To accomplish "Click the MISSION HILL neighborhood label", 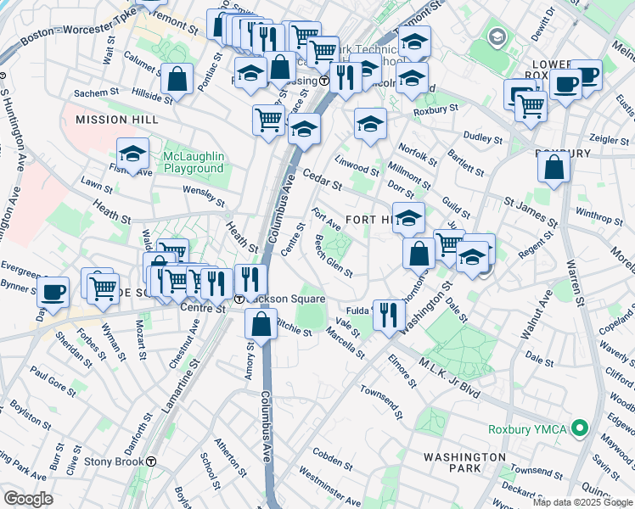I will [117, 120].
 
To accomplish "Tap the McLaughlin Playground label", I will [194, 162].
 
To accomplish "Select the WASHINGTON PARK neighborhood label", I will [464, 462].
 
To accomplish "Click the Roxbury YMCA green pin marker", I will [581, 429].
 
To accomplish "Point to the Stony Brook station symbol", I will [151, 461].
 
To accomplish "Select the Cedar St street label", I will [322, 181].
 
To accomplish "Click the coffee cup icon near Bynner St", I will [53, 292].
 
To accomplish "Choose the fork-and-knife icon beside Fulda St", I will [388, 315].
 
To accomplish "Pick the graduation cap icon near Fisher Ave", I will [132, 154].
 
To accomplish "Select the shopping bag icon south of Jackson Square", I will [261, 322].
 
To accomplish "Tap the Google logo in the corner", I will [29, 499].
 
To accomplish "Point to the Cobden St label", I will [331, 462].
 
